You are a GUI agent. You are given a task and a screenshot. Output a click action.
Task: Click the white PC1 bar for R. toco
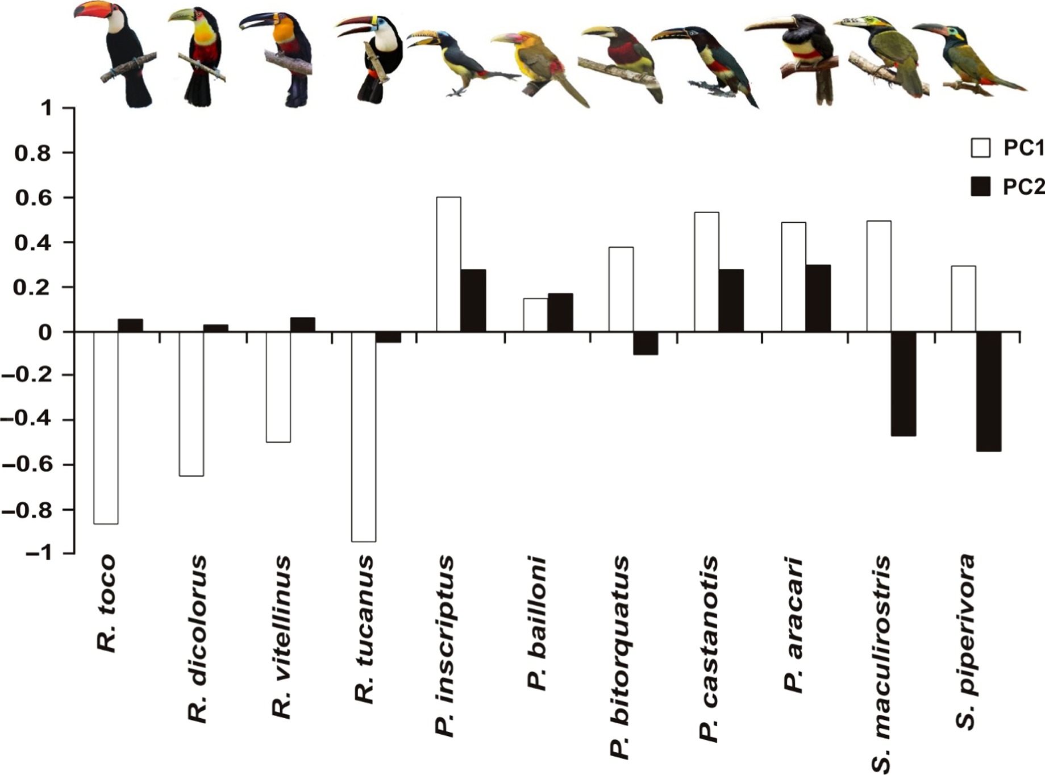point(106,427)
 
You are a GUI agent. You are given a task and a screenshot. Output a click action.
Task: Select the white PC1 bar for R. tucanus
point(364,436)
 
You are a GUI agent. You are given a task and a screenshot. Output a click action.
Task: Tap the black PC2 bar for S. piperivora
point(989,391)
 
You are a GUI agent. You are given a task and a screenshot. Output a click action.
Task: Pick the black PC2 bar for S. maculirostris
point(904,384)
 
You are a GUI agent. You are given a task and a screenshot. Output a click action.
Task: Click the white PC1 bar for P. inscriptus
point(448,264)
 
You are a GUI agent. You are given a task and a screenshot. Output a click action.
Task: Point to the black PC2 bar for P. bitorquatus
point(646,343)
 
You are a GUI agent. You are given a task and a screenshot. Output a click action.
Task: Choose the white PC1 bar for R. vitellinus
point(278,386)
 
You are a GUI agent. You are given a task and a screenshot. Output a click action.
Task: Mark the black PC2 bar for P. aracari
point(818,298)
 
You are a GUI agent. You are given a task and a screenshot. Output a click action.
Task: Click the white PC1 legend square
point(980,148)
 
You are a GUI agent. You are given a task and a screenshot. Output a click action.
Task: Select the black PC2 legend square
point(980,186)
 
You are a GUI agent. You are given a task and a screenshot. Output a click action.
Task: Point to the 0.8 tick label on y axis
point(32,153)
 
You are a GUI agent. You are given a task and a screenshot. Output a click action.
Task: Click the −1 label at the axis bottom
point(42,553)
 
